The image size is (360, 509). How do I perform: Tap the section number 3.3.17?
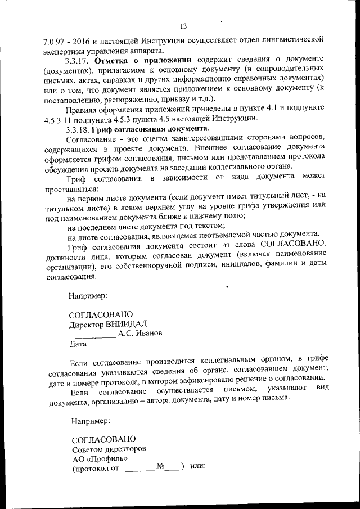tap(78, 60)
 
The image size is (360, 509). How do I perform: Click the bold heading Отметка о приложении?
tap(144, 60)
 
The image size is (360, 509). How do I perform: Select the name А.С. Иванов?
tap(141, 334)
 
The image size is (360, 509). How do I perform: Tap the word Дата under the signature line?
tap(78, 343)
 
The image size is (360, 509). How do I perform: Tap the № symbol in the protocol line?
tap(160, 467)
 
